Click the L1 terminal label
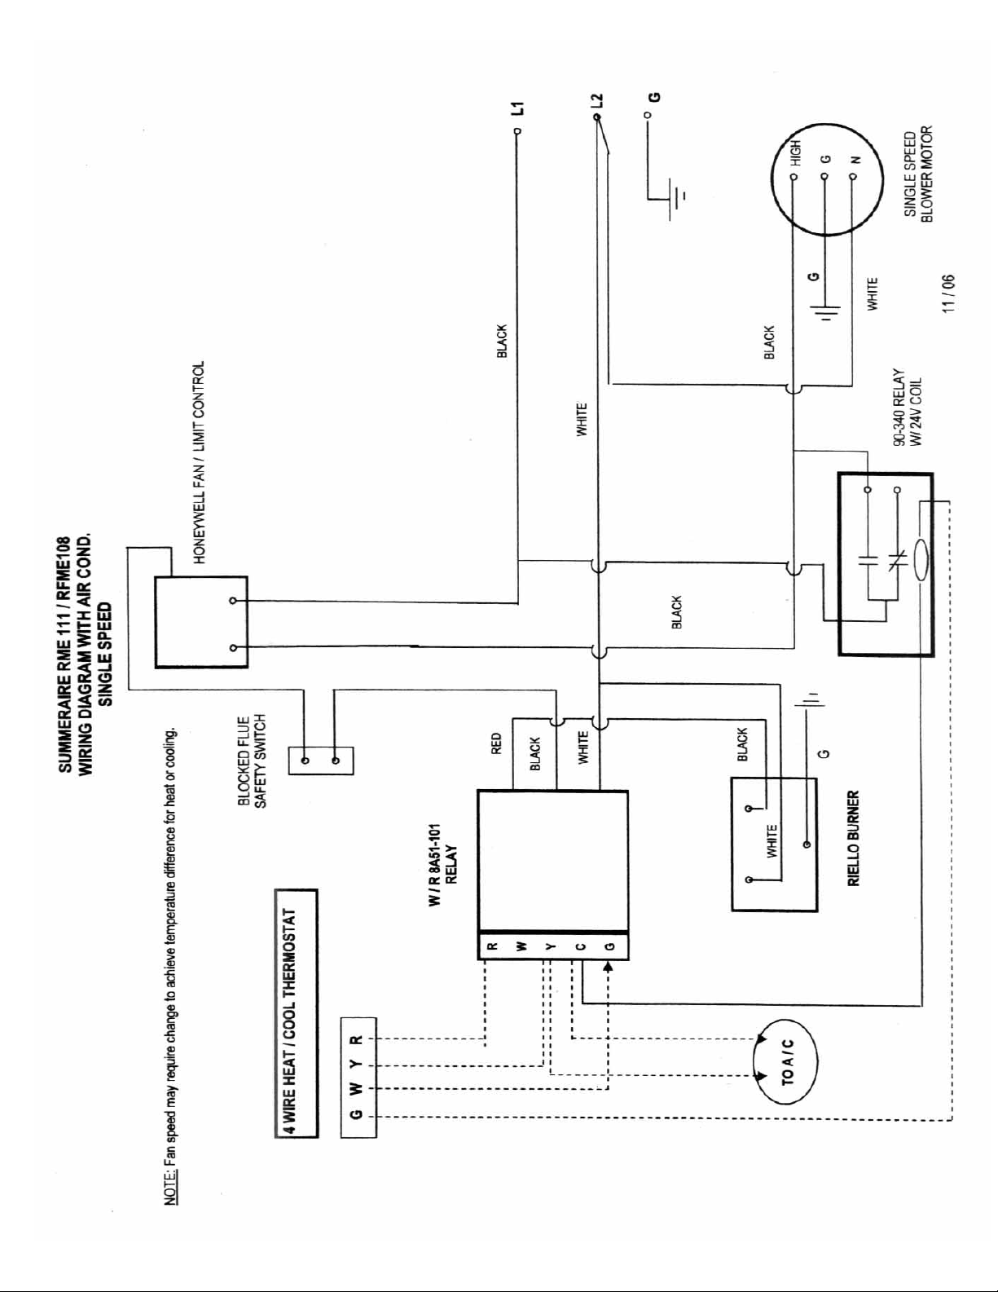coord(519,108)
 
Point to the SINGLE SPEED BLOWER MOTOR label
coord(918,174)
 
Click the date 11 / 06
coord(948,293)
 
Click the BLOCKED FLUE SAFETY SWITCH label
coord(251,761)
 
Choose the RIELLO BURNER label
coord(853,838)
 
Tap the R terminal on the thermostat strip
coord(357,1040)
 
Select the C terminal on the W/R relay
coord(582,946)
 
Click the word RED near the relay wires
coord(497,743)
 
